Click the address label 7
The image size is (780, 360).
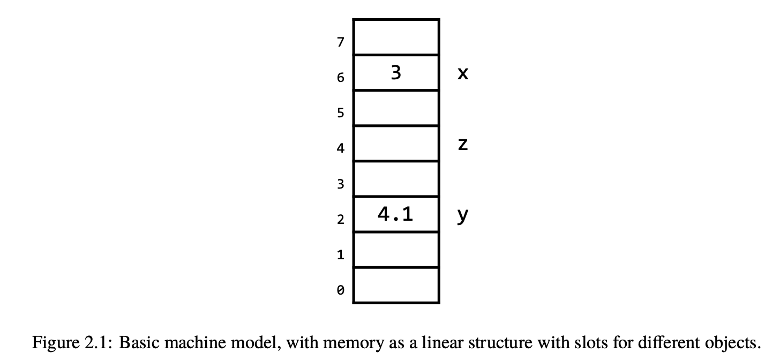click(341, 42)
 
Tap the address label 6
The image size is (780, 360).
click(341, 77)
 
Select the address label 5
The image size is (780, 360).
click(341, 113)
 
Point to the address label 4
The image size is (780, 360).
click(341, 148)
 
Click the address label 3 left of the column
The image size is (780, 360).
click(341, 184)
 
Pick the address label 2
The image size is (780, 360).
click(341, 219)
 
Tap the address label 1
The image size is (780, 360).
click(341, 255)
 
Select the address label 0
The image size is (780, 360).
click(341, 290)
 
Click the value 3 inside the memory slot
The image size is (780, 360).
click(396, 73)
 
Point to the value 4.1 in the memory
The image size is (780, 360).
click(395, 214)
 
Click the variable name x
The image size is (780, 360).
click(463, 73)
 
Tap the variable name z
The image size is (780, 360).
click(463, 144)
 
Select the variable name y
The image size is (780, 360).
click(463, 216)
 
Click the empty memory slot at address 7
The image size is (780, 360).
click(396, 37)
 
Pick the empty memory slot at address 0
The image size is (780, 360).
click(396, 285)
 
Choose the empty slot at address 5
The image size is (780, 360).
click(396, 108)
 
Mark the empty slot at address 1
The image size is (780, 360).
click(396, 250)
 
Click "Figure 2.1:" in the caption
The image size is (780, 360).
click(72, 343)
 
